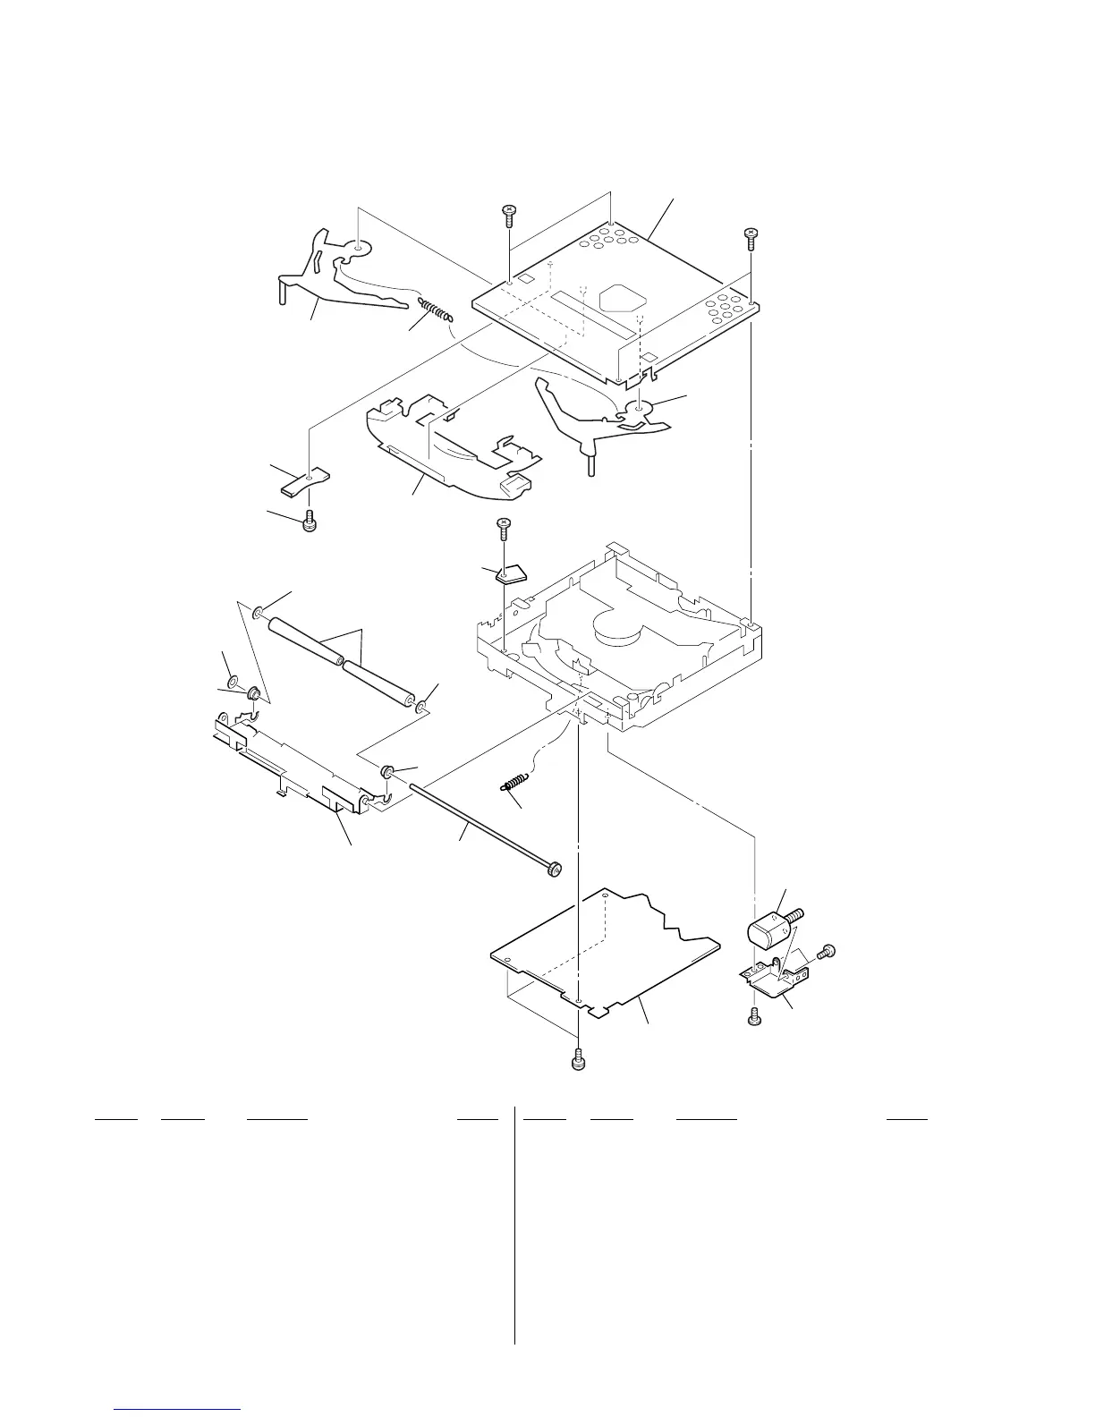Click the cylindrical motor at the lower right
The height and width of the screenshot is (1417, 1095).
[x=767, y=933]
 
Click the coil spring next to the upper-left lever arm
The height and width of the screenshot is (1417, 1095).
[x=435, y=310]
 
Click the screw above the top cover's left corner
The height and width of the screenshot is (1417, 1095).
[x=507, y=215]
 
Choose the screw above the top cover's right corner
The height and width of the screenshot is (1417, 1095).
[x=751, y=237]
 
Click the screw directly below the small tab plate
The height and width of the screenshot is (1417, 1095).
[x=310, y=521]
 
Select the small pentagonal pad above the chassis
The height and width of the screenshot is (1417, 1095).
[x=510, y=573]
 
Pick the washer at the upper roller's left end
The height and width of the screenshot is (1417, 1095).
[x=258, y=614]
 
